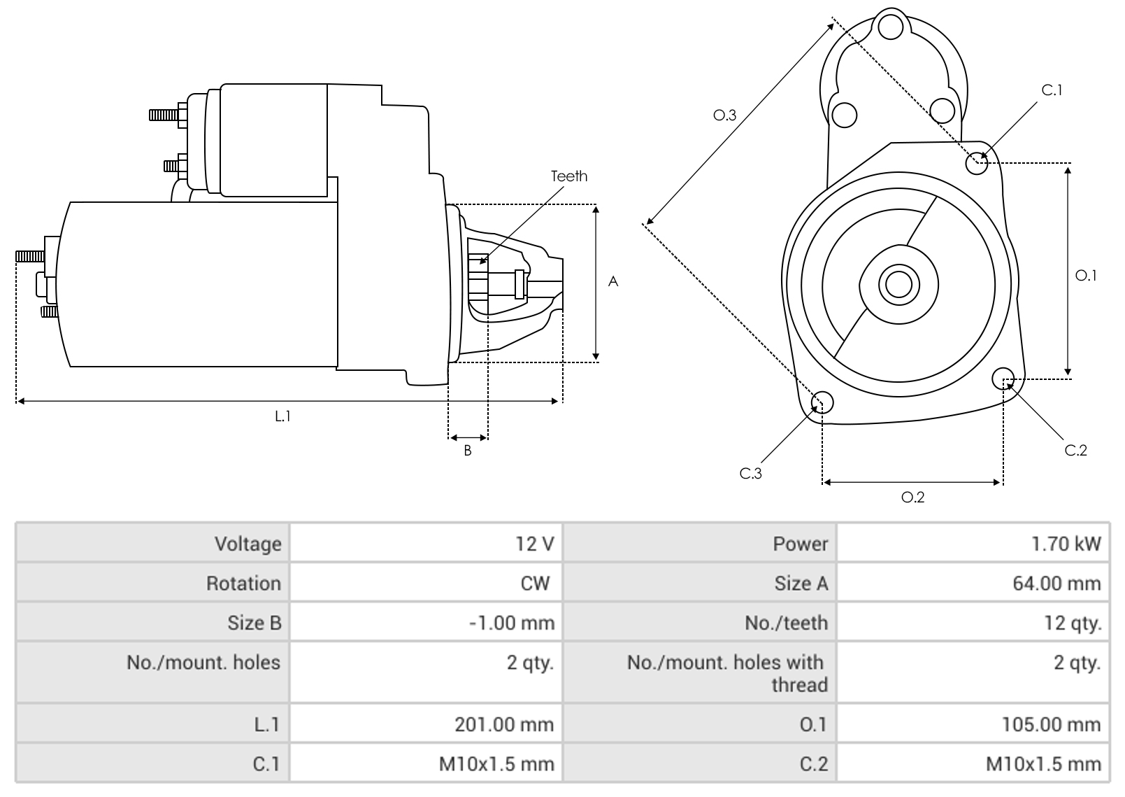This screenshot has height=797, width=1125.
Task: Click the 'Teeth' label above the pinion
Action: (568, 176)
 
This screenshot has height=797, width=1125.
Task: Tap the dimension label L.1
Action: (282, 416)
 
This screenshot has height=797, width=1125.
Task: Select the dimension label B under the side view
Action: (468, 451)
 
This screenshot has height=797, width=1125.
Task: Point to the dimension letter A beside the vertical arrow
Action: (613, 281)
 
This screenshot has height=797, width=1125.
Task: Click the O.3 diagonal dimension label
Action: (724, 115)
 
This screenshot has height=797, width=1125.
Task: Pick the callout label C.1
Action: (1052, 90)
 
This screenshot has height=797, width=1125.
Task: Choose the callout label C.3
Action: (750, 474)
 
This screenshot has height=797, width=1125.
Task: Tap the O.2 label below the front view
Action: (912, 498)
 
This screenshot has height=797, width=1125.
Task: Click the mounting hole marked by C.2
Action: (1003, 378)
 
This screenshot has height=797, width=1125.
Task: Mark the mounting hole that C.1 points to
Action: (977, 164)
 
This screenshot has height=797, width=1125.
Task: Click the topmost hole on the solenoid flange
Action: (891, 27)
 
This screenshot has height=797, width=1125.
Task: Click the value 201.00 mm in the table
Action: (503, 724)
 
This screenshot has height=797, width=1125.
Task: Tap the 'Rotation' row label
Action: (243, 584)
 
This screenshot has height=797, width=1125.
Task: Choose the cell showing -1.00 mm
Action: (511, 623)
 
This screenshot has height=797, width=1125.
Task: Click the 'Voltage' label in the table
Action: (248, 544)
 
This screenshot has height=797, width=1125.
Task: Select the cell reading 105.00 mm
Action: (1051, 724)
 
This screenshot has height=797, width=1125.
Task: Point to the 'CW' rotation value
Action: (535, 584)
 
